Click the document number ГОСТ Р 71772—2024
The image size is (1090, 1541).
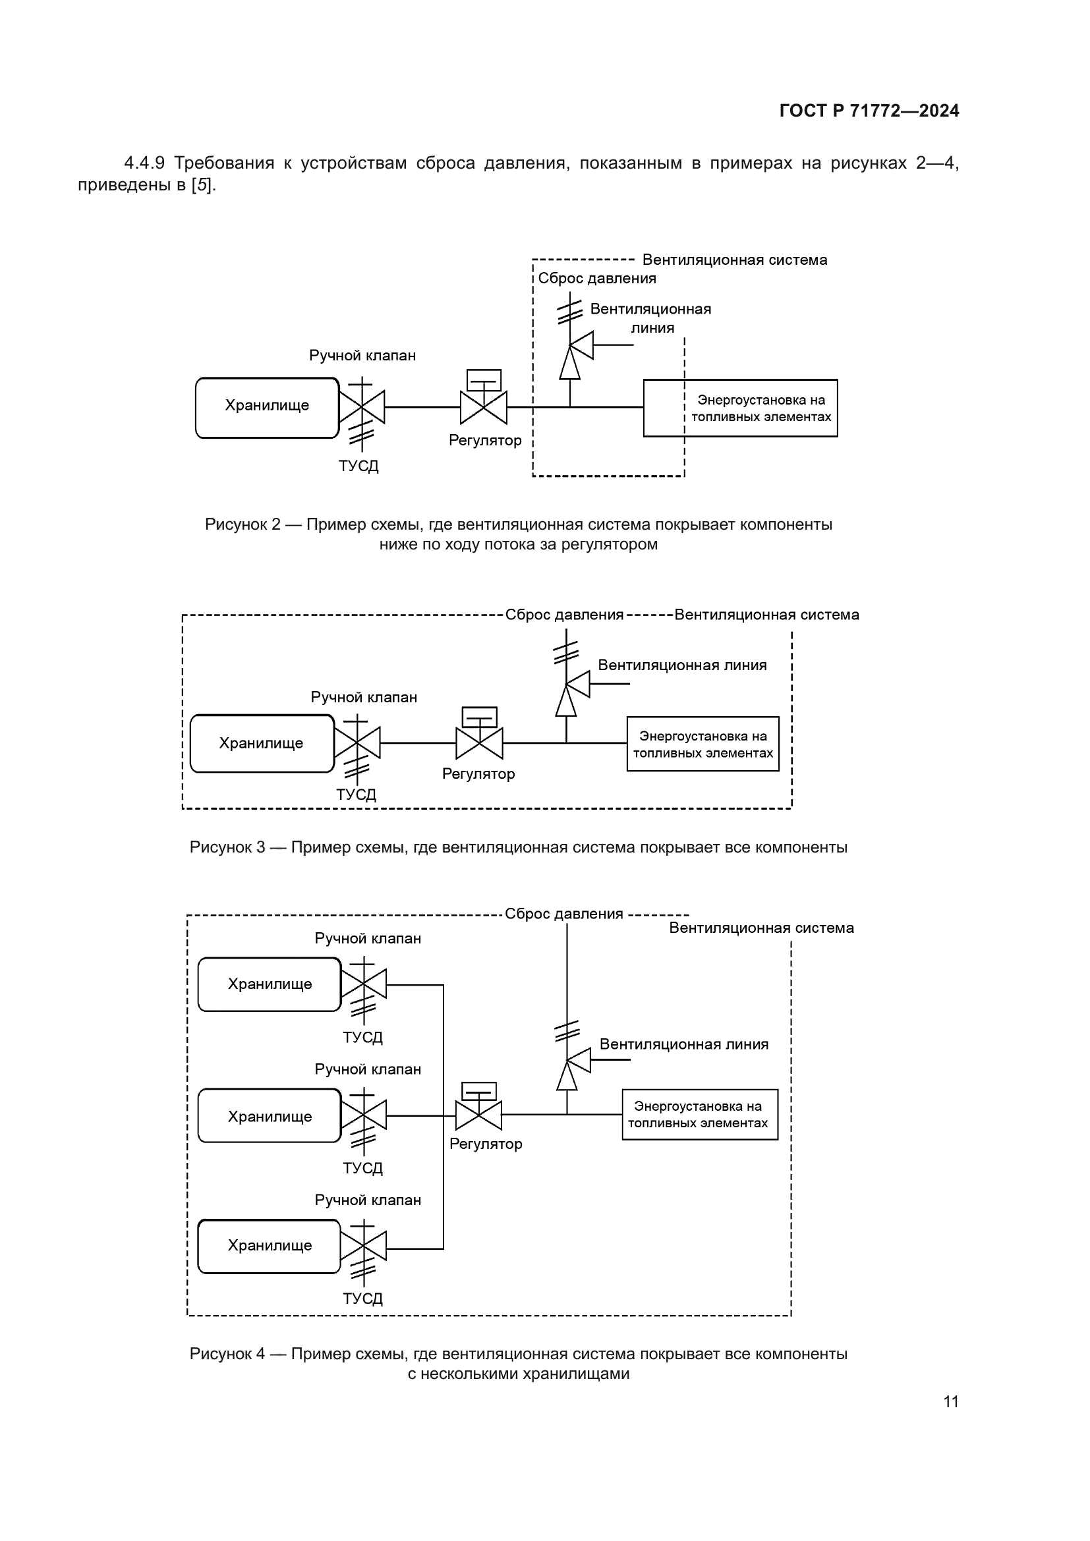(x=869, y=111)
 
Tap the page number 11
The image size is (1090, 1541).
(x=950, y=1401)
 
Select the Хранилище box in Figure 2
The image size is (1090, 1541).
(x=267, y=407)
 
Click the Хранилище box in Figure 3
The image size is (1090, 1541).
(x=262, y=743)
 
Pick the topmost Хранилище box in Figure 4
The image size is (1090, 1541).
(x=270, y=984)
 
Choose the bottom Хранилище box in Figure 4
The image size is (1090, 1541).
(x=270, y=1246)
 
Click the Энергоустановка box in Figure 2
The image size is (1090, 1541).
(x=740, y=408)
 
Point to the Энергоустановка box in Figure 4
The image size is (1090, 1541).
(x=699, y=1114)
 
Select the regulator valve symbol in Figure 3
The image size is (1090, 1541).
(x=479, y=742)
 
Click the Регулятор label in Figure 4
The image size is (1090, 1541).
(x=485, y=1144)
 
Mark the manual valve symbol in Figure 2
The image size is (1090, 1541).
(x=362, y=406)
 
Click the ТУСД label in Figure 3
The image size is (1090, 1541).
(x=356, y=795)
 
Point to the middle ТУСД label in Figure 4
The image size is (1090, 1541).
(x=362, y=1168)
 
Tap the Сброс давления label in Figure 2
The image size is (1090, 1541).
(x=596, y=279)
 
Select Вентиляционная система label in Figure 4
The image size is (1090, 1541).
(x=761, y=928)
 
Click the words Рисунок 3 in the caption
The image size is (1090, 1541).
(x=227, y=847)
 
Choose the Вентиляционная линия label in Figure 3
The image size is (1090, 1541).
(x=682, y=665)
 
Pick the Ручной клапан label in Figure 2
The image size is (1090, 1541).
(x=362, y=356)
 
